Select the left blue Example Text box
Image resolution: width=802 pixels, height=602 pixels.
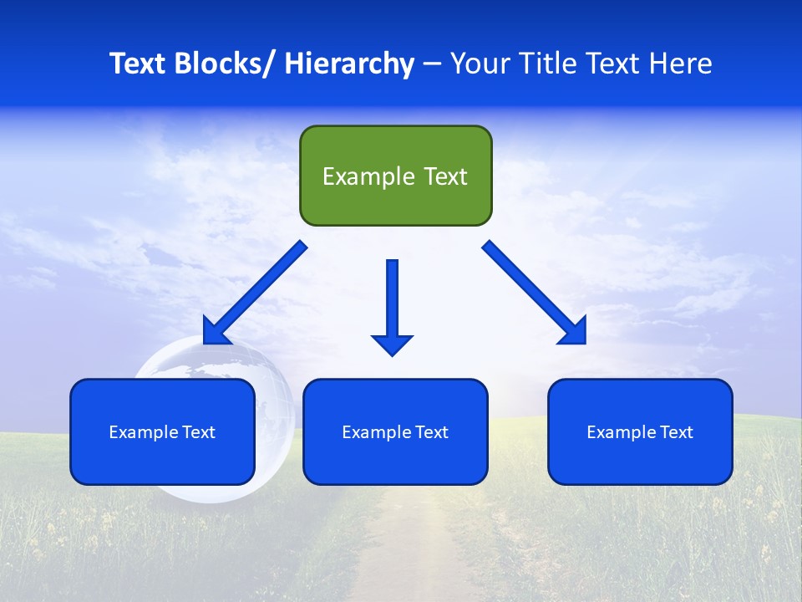[x=162, y=431]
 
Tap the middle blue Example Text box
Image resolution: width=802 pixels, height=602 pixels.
[x=395, y=431]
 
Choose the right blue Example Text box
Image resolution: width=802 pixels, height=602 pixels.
[x=640, y=431]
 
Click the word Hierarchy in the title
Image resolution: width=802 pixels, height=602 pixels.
[x=349, y=64]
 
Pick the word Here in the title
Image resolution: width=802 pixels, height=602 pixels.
[x=683, y=64]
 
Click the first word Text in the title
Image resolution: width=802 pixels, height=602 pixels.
[x=138, y=64]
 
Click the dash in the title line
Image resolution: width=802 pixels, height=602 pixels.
[x=432, y=64]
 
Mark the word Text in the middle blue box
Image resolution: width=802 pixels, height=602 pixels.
[x=430, y=432]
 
